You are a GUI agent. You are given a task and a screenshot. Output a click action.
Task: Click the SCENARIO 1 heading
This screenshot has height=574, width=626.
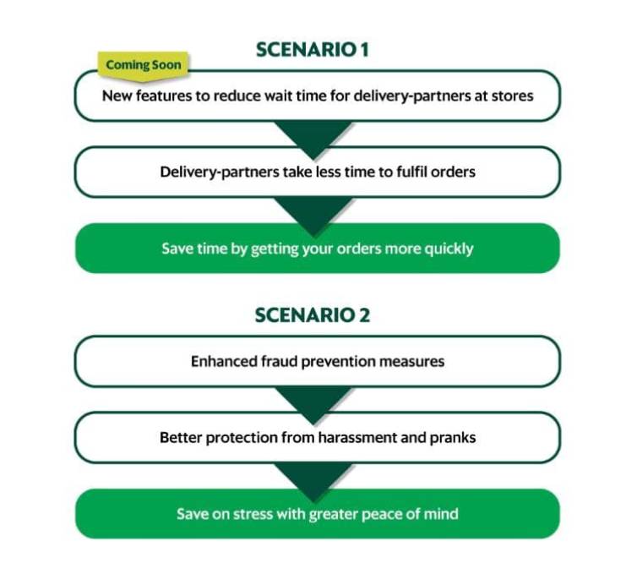(313, 50)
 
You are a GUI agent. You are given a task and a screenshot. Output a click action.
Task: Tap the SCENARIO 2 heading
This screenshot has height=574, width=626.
(313, 315)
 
